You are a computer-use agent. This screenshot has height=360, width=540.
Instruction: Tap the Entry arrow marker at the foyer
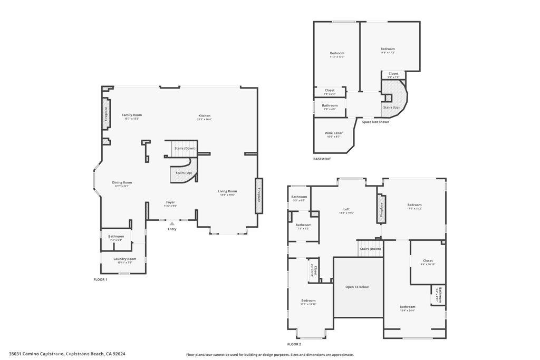coord(172,224)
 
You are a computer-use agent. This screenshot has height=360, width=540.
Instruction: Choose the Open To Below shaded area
coord(357,287)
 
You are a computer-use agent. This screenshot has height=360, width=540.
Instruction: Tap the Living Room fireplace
coord(259,196)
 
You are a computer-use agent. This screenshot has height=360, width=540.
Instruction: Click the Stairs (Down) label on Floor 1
coord(185,148)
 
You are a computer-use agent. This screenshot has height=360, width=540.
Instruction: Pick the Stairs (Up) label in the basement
coord(391,107)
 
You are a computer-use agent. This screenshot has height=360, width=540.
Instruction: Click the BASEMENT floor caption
coord(322,159)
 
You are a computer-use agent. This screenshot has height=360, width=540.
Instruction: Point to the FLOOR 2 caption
coord(294,344)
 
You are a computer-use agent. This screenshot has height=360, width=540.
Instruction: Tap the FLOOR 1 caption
coord(100,279)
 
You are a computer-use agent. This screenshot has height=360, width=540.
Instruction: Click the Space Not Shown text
coord(375,122)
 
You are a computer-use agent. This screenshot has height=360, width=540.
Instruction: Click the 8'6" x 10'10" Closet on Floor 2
coord(428,262)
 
